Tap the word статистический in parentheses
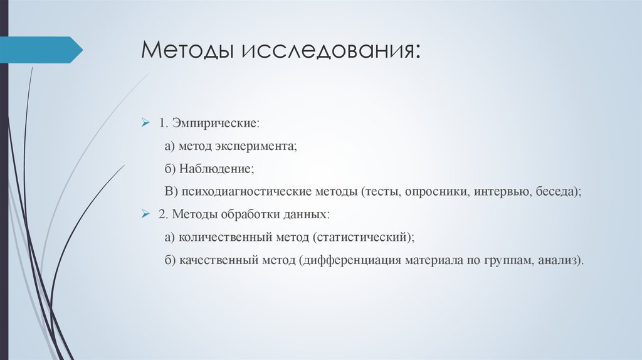click(x=365, y=238)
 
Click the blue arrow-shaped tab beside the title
click(x=41, y=50)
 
